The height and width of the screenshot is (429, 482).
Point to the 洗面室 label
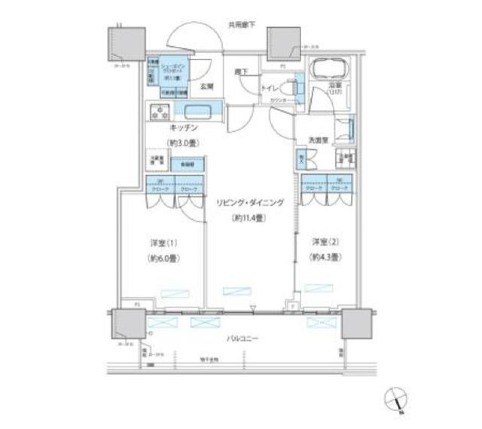(x=318, y=141)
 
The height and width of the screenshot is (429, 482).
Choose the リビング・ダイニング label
(x=250, y=203)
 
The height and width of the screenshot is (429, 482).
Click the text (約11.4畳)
(x=249, y=218)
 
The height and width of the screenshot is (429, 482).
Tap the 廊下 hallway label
(x=240, y=72)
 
